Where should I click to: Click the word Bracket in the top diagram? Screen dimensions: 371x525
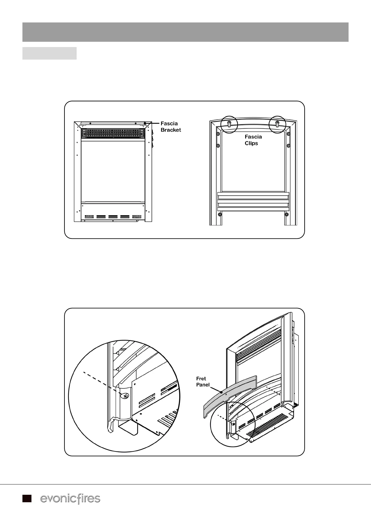point(171,130)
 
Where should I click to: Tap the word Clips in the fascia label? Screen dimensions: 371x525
point(251,143)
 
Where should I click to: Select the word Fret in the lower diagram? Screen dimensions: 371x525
point(201,378)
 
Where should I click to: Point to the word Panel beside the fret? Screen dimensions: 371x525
point(203,385)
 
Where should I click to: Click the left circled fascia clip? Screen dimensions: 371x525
point(229,124)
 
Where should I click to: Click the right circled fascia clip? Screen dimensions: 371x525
point(277,124)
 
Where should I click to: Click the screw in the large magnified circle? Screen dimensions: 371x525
point(125,396)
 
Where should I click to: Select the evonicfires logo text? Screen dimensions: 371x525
point(70,499)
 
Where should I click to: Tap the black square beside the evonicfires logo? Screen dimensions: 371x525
point(27,499)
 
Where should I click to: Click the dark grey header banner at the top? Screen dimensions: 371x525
point(185,32)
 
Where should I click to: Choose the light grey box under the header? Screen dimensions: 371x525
point(49,53)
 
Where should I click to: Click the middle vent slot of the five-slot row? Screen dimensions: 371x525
point(113,216)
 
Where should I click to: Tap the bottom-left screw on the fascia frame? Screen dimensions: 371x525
point(220,214)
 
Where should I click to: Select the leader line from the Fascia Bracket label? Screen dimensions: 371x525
point(153,123)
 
